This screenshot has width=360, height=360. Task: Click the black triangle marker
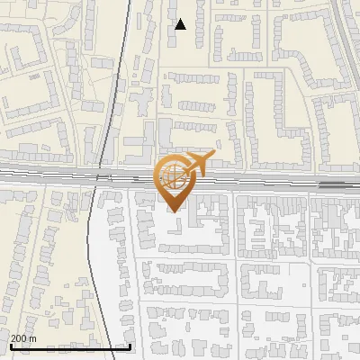181,24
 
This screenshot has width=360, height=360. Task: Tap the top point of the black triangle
181,19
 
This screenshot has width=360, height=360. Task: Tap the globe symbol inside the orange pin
172,175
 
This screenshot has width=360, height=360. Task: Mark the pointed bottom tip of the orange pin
175,211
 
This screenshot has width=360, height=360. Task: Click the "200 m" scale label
23,338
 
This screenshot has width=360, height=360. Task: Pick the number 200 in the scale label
19,338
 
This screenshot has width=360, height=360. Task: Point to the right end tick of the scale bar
131,344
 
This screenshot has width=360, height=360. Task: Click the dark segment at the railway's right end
333,184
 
